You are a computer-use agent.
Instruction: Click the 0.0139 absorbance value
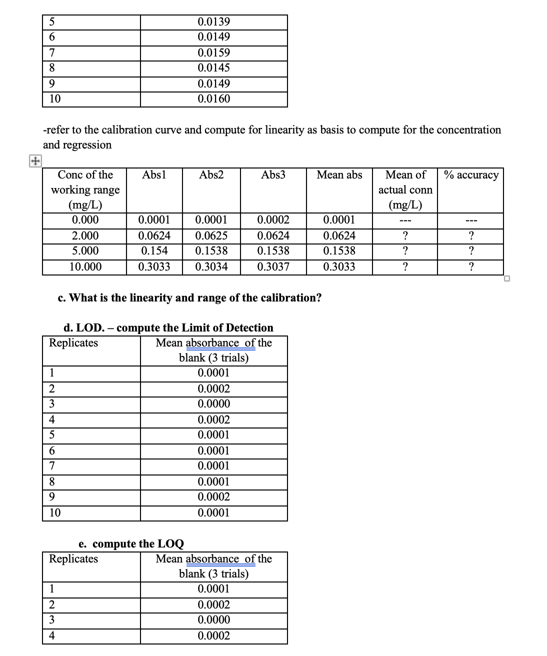point(214,22)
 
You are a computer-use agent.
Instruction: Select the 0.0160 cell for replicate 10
point(214,99)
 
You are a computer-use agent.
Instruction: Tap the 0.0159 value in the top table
point(214,53)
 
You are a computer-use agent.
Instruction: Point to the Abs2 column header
point(211,175)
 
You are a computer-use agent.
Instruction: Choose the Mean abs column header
point(339,175)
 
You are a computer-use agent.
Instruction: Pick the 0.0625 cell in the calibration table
point(211,236)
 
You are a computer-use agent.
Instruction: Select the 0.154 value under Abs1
point(154,251)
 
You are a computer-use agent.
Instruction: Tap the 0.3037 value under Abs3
point(273,267)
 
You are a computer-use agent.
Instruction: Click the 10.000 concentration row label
point(85,267)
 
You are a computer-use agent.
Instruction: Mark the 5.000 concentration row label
point(85,251)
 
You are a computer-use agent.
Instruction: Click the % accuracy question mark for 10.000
point(471,267)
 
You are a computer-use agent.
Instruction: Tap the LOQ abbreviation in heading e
point(170,544)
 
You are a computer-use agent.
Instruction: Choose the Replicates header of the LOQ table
point(73,559)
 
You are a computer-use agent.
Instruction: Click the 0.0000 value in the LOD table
point(214,404)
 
